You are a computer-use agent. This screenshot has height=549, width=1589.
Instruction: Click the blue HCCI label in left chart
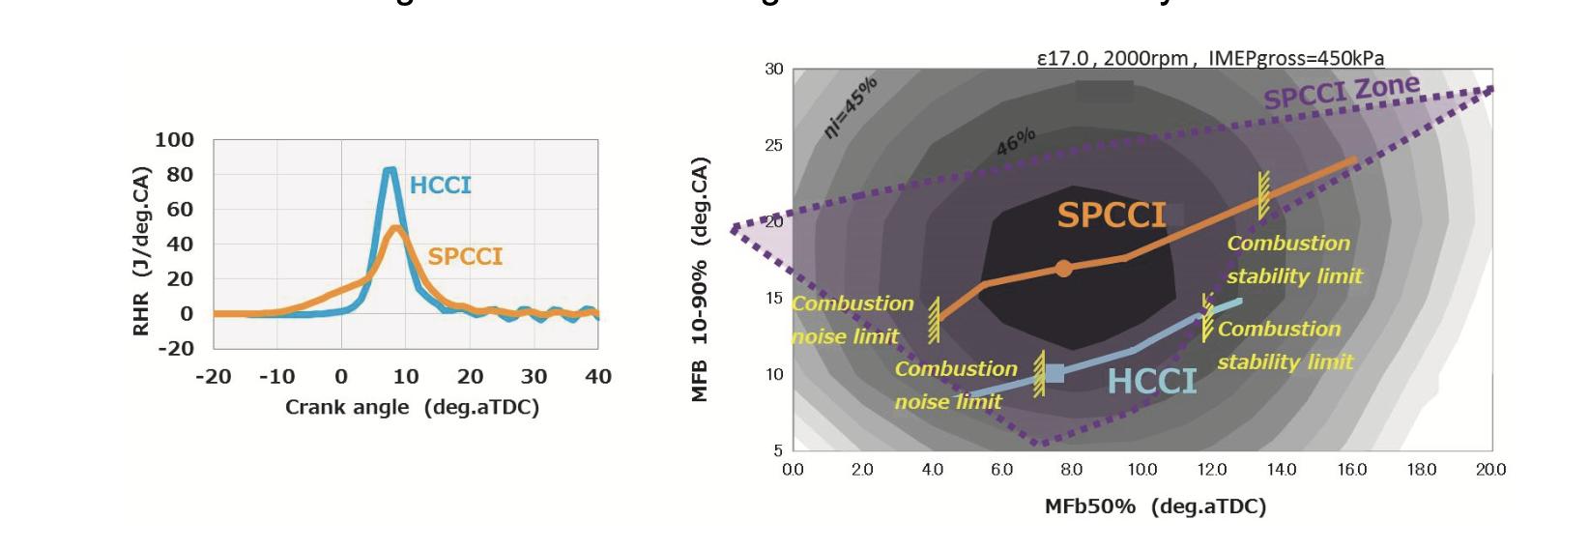(x=441, y=186)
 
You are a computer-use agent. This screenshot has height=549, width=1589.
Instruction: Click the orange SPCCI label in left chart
(x=465, y=256)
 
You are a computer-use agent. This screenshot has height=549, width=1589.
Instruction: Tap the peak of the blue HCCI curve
(x=390, y=171)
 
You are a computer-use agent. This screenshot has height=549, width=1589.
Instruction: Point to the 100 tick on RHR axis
(x=174, y=140)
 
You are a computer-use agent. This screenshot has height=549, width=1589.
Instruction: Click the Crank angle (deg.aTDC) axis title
(x=412, y=407)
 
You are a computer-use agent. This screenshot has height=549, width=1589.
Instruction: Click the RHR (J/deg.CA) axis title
(x=142, y=251)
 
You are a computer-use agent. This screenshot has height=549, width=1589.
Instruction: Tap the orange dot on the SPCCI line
(x=1063, y=269)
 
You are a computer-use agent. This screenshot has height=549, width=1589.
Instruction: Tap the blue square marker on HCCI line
(x=1055, y=373)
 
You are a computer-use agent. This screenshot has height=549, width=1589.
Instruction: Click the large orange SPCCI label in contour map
(x=1112, y=215)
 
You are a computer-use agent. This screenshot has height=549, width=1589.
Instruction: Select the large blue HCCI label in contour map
(x=1152, y=382)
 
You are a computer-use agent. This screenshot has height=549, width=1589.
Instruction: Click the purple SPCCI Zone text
(x=1342, y=93)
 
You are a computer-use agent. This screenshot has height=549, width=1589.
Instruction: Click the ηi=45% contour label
(x=851, y=106)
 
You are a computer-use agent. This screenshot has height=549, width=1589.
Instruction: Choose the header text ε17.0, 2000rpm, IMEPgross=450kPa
(x=1210, y=58)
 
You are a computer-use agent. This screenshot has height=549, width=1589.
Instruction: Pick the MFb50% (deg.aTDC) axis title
(x=1155, y=506)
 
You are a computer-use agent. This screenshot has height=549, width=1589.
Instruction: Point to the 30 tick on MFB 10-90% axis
(x=774, y=70)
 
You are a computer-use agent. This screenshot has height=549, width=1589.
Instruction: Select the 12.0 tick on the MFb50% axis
(x=1212, y=470)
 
